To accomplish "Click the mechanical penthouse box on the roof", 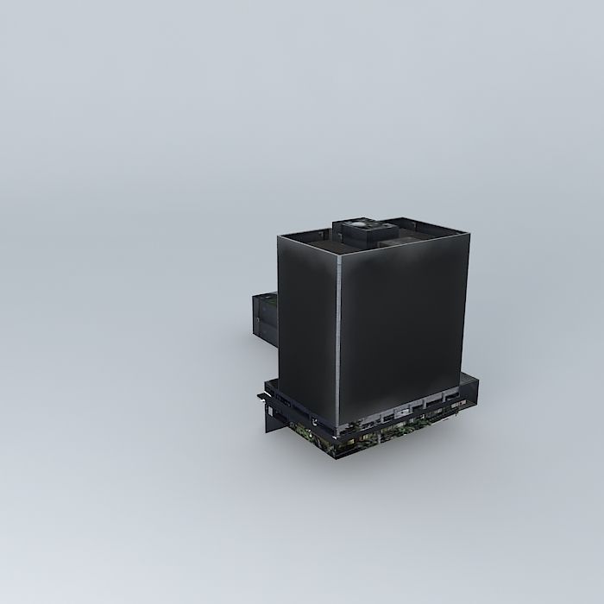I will click(x=366, y=232).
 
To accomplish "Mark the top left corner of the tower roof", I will click(x=279, y=236).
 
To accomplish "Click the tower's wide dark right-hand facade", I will click(x=404, y=328).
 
